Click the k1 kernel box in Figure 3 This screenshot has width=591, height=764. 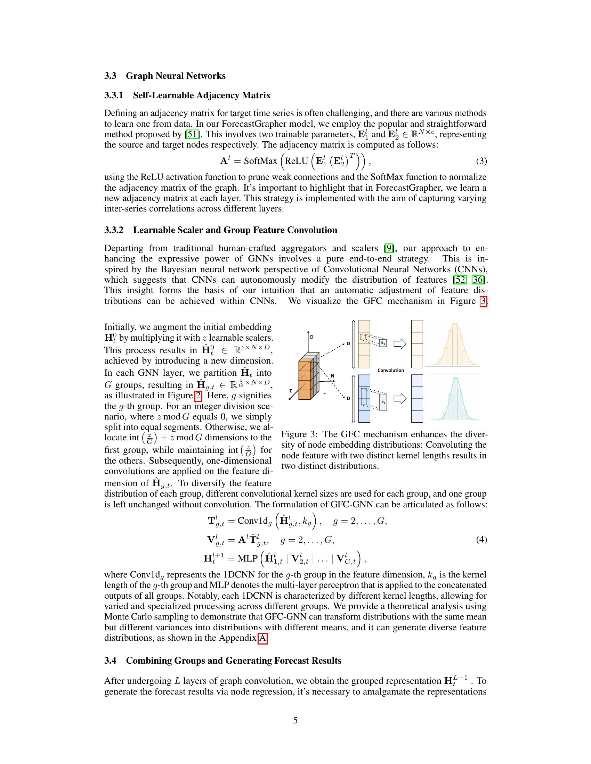(x=383, y=343)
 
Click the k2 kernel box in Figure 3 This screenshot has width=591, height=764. (x=383, y=402)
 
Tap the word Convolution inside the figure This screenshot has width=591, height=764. (x=390, y=370)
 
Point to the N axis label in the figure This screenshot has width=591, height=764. (x=332, y=376)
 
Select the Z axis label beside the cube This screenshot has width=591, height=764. (x=291, y=390)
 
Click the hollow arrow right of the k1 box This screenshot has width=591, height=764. (x=400, y=344)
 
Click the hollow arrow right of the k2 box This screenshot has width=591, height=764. (x=400, y=398)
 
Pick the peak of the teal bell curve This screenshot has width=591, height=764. (x=456, y=378)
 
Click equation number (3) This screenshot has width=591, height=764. (x=481, y=161)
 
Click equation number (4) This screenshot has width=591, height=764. (x=481, y=540)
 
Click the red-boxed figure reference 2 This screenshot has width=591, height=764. (x=198, y=396)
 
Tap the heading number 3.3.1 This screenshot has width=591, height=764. (x=114, y=95)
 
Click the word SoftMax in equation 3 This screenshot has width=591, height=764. (x=260, y=161)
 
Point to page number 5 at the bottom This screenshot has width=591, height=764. (x=295, y=720)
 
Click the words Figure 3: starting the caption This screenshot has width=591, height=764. (x=299, y=434)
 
